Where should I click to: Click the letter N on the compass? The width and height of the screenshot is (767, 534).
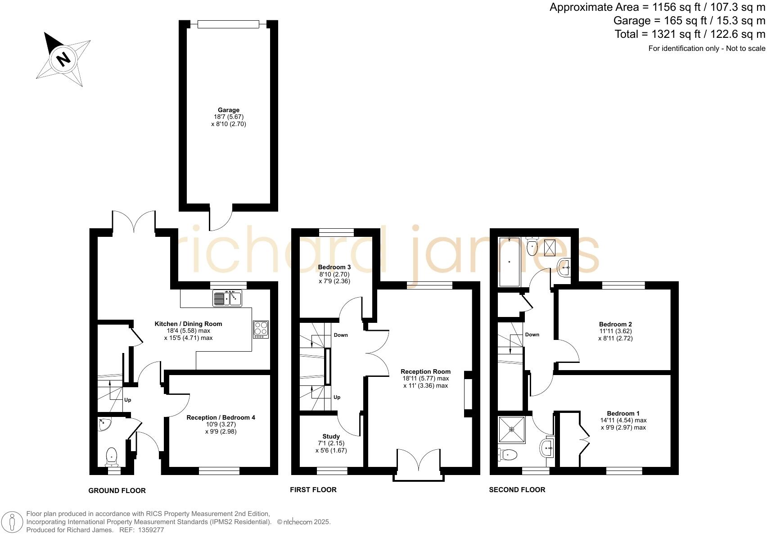[63, 59]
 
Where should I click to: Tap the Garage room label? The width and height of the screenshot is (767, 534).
[229, 110]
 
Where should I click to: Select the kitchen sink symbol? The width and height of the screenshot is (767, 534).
[227, 298]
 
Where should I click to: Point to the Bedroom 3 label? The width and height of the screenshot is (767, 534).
[334, 267]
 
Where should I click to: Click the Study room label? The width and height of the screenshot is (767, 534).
[331, 436]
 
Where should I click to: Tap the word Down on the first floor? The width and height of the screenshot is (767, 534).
[341, 335]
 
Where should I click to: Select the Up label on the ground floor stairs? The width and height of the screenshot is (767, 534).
[127, 400]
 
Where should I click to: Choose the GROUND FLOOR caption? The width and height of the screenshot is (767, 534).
[117, 491]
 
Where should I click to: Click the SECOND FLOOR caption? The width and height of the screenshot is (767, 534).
[517, 490]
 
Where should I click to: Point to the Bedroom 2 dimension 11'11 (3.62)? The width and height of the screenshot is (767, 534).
[615, 331]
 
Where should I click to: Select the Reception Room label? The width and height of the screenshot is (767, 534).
[425, 371]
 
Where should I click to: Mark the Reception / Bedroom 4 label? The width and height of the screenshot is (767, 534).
[221, 417]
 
